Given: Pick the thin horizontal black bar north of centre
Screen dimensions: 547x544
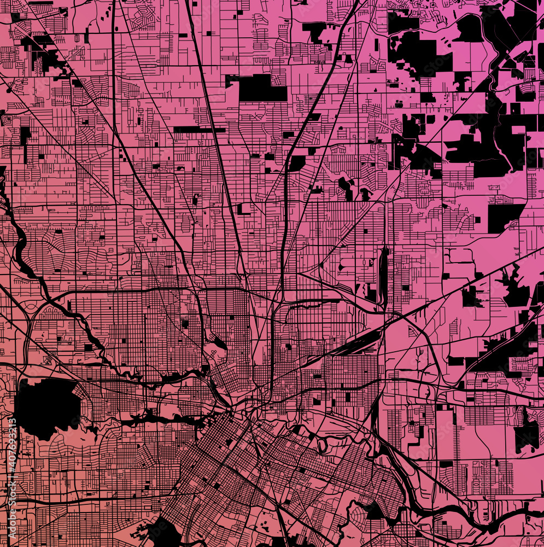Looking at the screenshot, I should pos(199,130).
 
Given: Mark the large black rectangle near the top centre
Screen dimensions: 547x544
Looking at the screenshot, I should pos(262,88).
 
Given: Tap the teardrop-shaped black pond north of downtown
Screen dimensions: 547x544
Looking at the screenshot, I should pos(219,343).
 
